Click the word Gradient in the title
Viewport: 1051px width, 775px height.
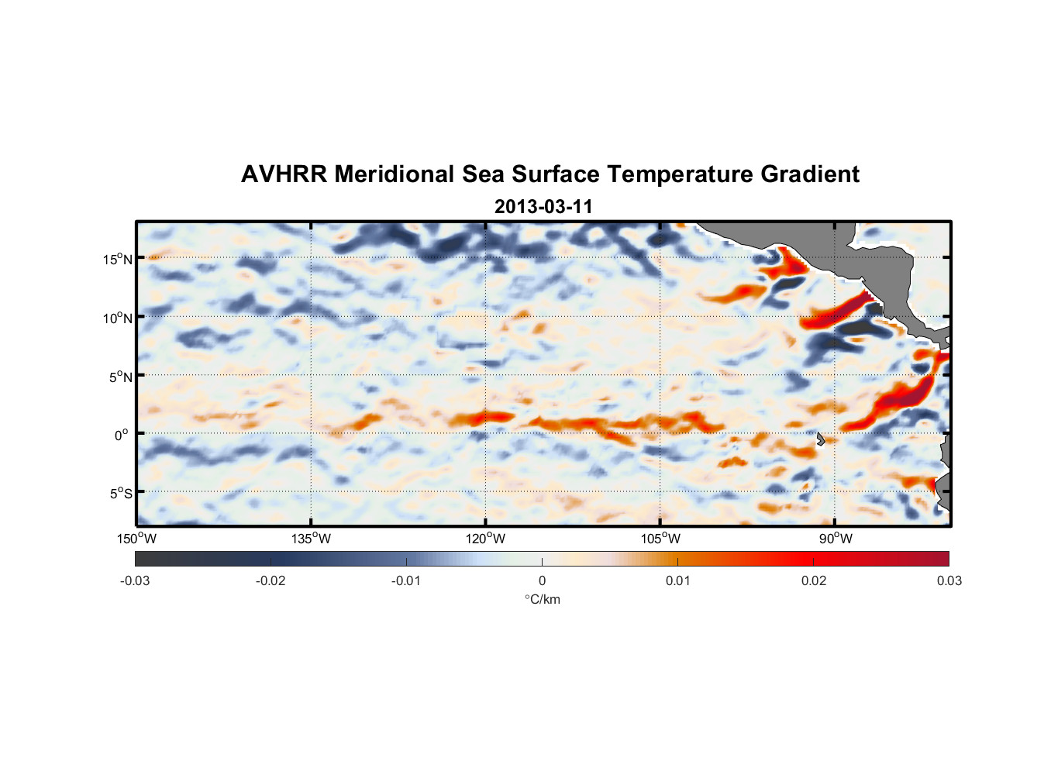(809, 174)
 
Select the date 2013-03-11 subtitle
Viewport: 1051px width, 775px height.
(543, 207)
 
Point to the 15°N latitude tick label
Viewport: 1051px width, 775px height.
(118, 259)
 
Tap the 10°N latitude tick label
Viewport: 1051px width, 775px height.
(118, 318)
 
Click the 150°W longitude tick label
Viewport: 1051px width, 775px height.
(136, 539)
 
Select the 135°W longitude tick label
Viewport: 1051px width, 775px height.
(311, 539)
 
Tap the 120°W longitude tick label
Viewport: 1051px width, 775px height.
(485, 539)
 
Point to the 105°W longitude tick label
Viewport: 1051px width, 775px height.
(660, 539)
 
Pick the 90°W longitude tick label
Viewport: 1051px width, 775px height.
(836, 539)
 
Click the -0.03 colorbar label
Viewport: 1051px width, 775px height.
(135, 580)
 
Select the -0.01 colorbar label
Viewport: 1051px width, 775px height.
(406, 580)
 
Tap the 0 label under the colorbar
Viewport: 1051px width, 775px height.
(542, 580)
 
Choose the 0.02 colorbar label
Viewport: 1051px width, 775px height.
(814, 580)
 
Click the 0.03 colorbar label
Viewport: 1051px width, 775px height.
(949, 580)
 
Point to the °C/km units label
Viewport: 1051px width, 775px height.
(542, 599)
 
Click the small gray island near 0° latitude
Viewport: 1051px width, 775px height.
(820, 439)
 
